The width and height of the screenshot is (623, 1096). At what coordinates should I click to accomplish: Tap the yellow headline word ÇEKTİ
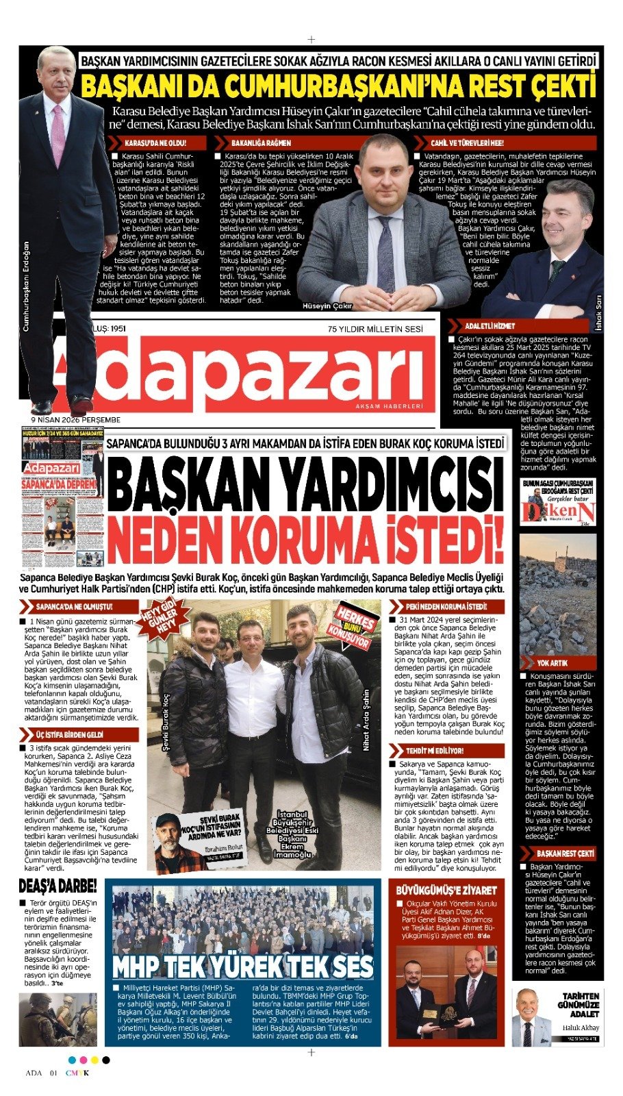(x=556, y=87)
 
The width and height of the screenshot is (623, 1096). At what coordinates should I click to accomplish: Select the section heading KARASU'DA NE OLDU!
(x=154, y=143)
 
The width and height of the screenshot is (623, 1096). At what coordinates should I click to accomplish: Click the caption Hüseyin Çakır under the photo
(x=327, y=306)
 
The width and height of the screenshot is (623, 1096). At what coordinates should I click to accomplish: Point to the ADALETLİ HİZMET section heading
(x=489, y=326)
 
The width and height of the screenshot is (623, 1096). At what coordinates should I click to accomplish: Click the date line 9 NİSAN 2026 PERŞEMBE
(x=75, y=420)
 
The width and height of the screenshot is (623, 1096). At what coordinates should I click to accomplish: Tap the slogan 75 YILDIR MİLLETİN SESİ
(x=375, y=329)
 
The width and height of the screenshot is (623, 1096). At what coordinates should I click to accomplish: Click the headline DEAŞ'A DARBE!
(x=58, y=886)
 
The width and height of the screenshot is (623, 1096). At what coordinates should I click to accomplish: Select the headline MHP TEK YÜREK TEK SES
(x=243, y=967)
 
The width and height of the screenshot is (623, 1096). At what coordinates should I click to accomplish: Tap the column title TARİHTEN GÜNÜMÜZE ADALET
(x=580, y=1005)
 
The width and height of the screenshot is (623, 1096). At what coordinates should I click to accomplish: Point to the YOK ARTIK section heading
(x=551, y=663)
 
